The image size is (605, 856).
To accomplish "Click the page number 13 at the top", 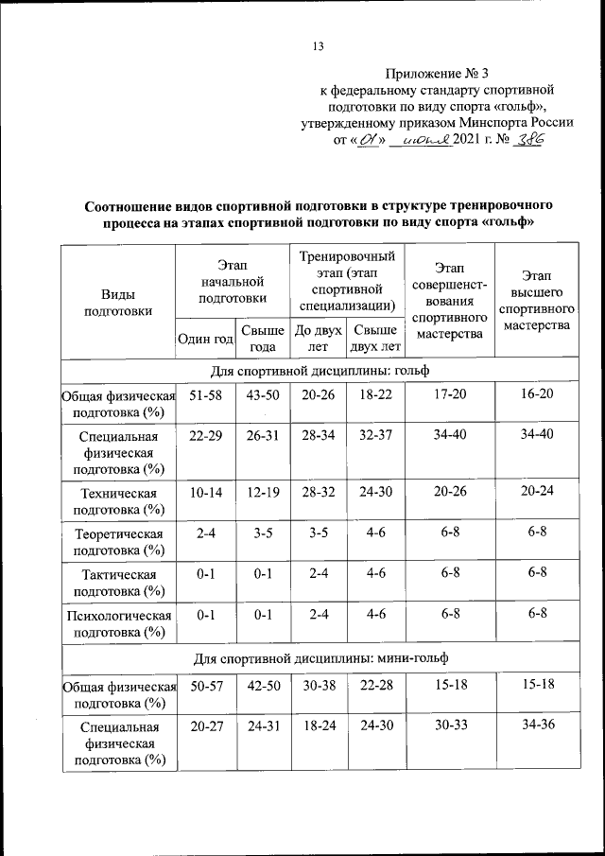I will [x=318, y=47].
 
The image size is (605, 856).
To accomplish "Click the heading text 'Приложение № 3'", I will [x=438, y=73].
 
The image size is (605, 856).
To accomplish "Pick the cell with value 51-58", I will [x=205, y=393].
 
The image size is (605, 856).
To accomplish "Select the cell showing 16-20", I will [x=537, y=393].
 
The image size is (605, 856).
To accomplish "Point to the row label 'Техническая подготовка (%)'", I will [x=118, y=501].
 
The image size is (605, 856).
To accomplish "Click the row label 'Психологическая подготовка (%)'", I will [x=118, y=623].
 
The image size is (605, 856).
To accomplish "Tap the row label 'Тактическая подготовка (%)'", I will [x=118, y=582].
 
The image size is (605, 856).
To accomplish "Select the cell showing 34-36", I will [x=537, y=725].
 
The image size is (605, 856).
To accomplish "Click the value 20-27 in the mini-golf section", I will [x=205, y=725].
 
